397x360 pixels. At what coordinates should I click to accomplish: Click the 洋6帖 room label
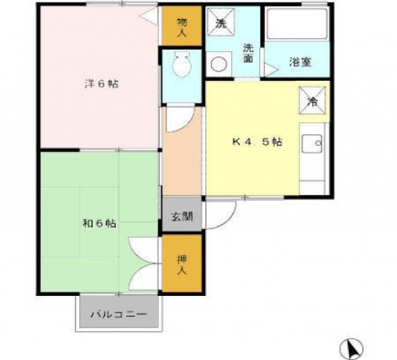point(101,84)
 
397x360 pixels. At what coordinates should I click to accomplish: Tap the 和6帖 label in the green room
point(99,224)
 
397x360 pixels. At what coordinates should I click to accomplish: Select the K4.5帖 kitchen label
point(257,142)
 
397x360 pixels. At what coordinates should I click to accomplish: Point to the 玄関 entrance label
point(182,216)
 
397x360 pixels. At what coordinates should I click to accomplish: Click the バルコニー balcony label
point(118,315)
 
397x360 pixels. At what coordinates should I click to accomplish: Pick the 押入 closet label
point(182,265)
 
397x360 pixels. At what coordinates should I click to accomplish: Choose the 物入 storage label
point(182,27)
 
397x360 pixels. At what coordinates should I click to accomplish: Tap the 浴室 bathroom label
point(300,62)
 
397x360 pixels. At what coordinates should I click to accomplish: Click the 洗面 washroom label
point(248,53)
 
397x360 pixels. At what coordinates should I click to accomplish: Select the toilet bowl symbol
point(181,65)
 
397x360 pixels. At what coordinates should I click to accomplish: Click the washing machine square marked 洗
point(221,22)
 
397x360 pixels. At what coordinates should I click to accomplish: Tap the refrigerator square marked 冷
point(312,101)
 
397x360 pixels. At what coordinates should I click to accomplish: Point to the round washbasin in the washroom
point(219,64)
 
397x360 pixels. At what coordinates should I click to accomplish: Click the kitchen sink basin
point(312,144)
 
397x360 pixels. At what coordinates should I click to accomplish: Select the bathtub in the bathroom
point(298,24)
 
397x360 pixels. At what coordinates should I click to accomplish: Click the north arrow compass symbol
point(351,349)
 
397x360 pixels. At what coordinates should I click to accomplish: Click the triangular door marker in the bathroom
point(270,69)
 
